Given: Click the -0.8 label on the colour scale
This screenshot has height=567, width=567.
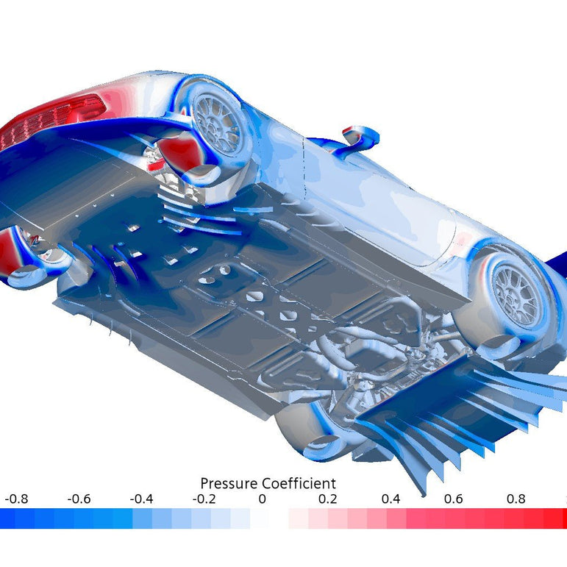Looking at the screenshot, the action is (17, 499).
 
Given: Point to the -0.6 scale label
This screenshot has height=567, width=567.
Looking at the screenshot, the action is (79, 499).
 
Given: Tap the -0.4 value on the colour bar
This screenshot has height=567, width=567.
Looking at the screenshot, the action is (142, 499).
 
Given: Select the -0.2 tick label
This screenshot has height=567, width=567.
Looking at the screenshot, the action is (204, 499).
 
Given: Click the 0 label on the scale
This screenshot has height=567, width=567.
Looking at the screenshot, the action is (263, 499).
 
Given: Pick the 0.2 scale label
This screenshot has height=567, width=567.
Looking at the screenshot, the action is (328, 499).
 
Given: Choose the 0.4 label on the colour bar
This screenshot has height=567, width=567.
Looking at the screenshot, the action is (391, 499).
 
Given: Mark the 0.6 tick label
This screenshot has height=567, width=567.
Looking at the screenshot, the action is (454, 499).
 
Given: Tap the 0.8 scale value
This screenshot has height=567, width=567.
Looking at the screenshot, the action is (516, 499).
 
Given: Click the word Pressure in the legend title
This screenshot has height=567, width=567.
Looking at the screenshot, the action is (229, 483).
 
